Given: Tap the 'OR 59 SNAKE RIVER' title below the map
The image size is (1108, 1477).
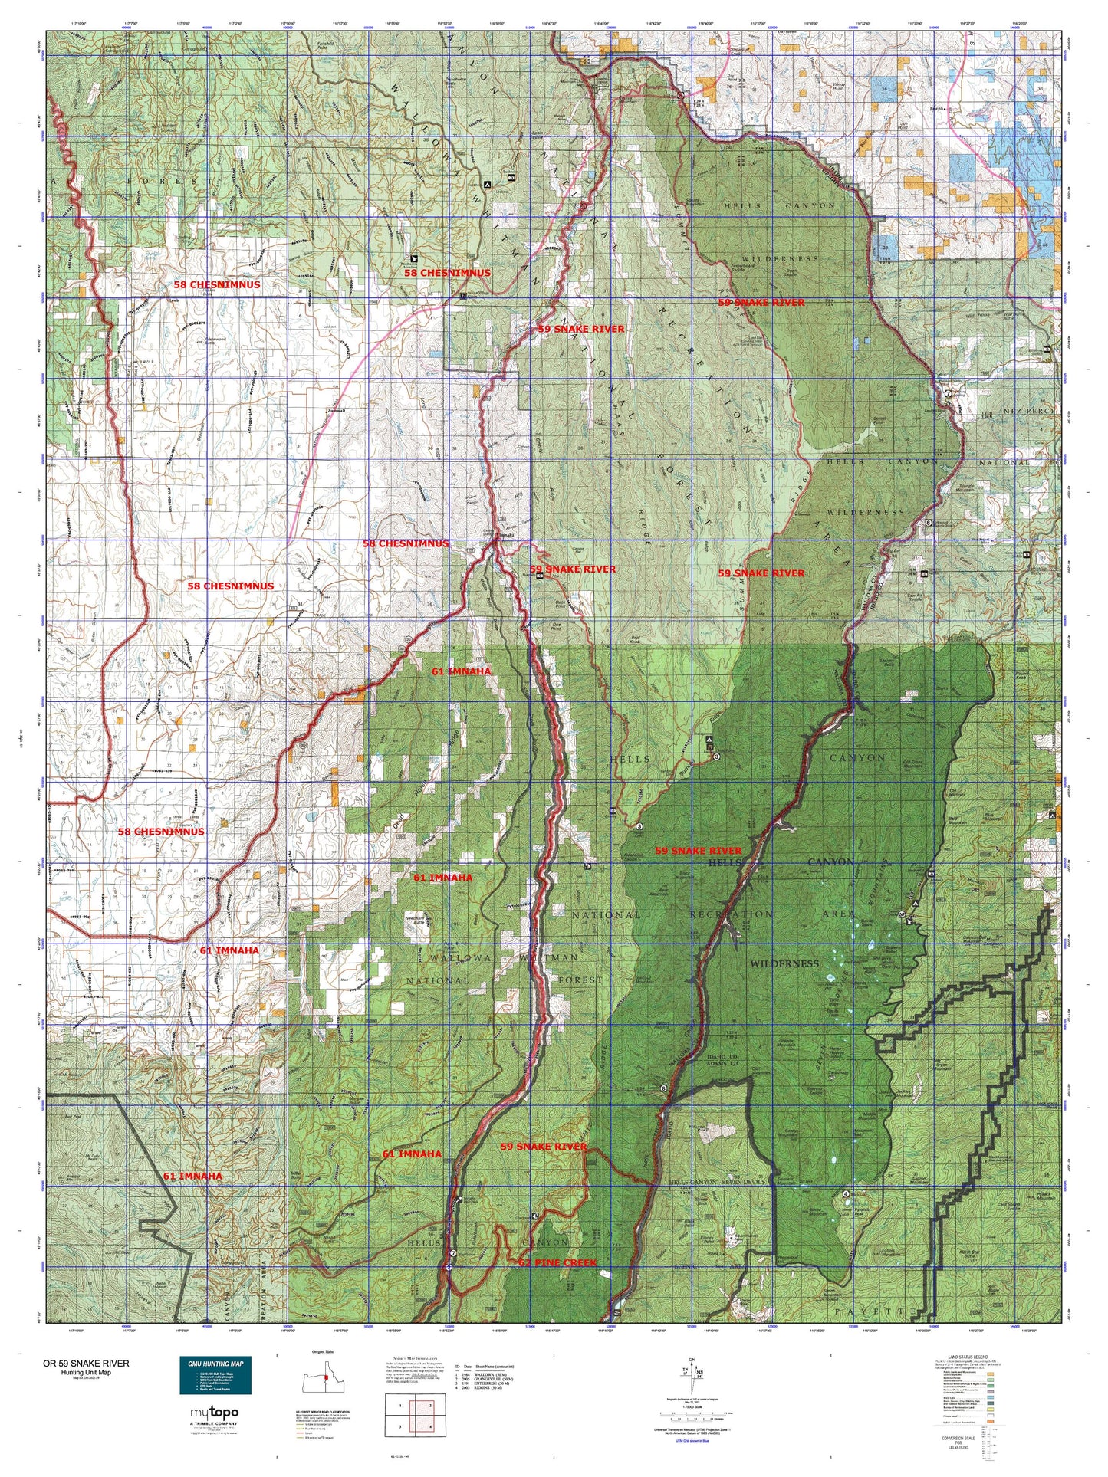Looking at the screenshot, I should pyautogui.click(x=86, y=1364).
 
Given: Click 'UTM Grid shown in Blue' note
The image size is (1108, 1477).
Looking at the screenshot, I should pyautogui.click(x=694, y=1441).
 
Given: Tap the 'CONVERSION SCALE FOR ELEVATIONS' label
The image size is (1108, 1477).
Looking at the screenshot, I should pyautogui.click(x=962, y=1443).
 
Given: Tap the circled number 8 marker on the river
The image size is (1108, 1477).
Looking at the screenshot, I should pyautogui.click(x=663, y=1088).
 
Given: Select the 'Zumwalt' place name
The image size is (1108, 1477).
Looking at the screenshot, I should pyautogui.click(x=336, y=411).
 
